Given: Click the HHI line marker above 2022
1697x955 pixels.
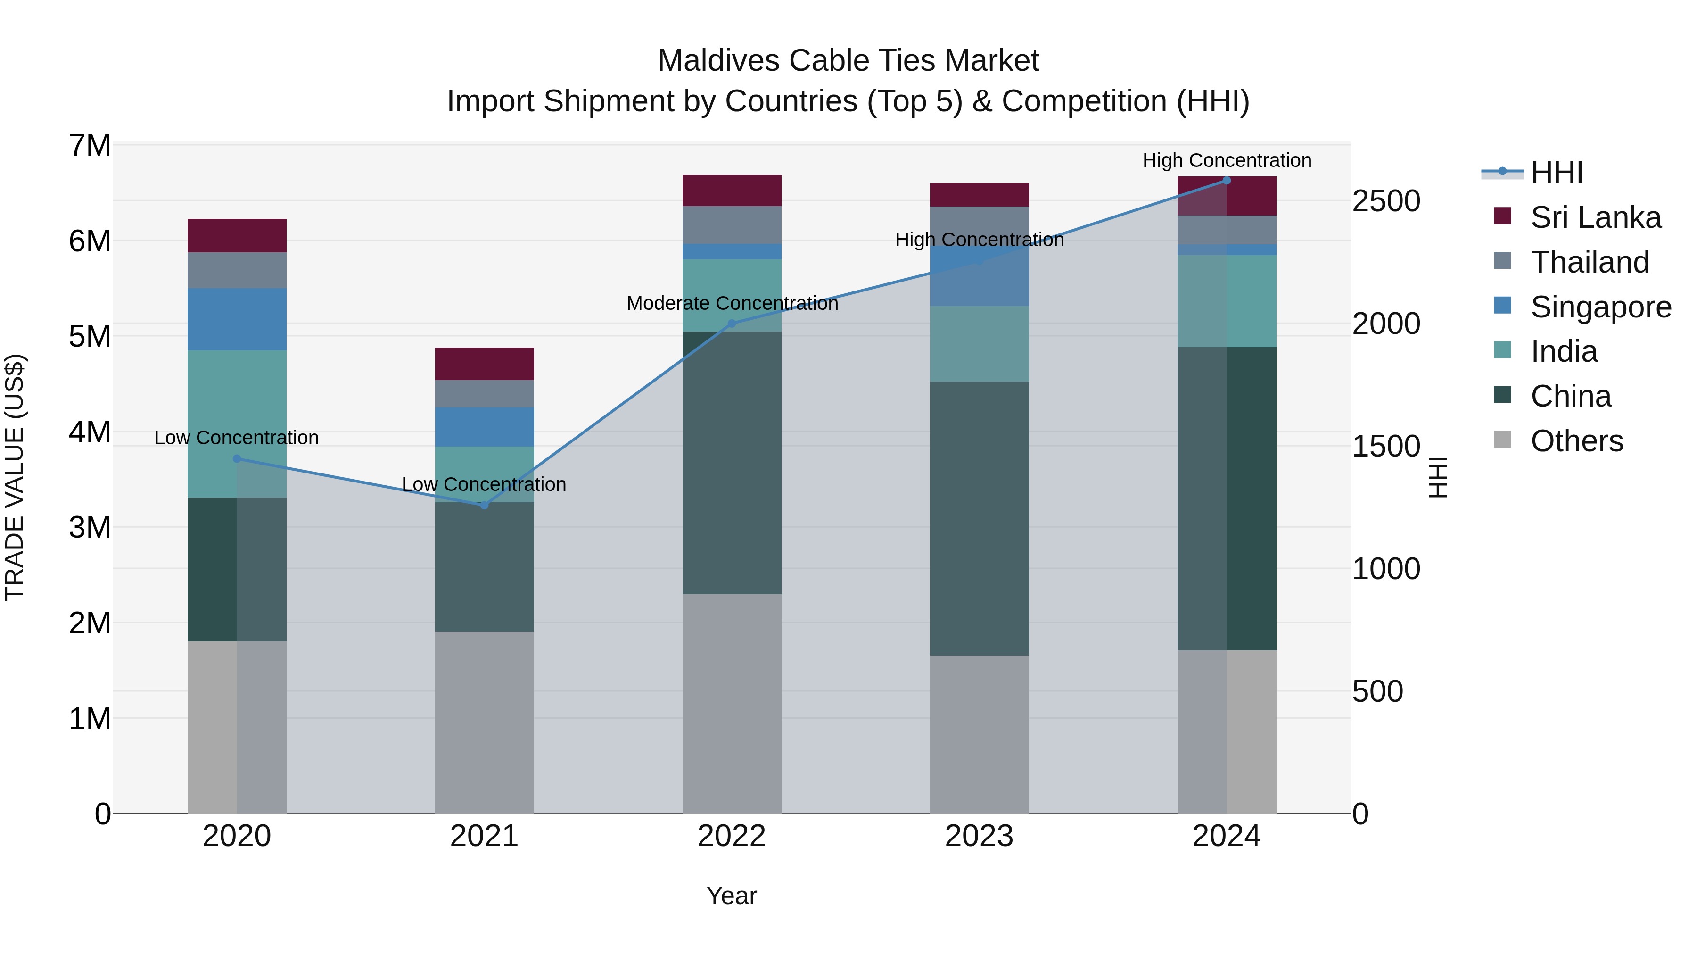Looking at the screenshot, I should pyautogui.click(x=731, y=324).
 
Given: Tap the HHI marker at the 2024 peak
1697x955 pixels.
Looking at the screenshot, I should pyautogui.click(x=1226, y=181).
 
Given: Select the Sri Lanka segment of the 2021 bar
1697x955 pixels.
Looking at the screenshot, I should pyautogui.click(x=484, y=364).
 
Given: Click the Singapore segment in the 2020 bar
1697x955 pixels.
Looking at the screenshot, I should pyautogui.click(x=237, y=319).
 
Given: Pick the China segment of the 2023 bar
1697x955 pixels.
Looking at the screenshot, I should pyautogui.click(x=979, y=518).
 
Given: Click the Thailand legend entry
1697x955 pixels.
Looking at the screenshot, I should pyautogui.click(x=1589, y=262).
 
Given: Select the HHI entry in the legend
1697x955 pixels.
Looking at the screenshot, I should pyautogui.click(x=1556, y=173).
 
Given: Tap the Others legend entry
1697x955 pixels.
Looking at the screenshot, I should pyautogui.click(x=1576, y=441).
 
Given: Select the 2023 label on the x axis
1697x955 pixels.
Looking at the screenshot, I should pyautogui.click(x=979, y=836).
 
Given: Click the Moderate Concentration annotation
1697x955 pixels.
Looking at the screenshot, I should pyautogui.click(x=732, y=303).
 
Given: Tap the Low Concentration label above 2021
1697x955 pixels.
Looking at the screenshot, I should pyautogui.click(x=484, y=484).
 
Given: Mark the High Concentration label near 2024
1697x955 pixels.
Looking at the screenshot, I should pyautogui.click(x=1227, y=160).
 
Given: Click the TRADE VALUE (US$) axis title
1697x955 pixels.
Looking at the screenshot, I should pyautogui.click(x=15, y=477).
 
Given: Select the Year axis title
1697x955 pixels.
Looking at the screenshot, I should pyautogui.click(x=731, y=896).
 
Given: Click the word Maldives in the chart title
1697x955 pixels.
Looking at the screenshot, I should pyautogui.click(x=717, y=61).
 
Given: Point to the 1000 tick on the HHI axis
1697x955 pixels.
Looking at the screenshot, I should pyautogui.click(x=1385, y=569).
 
